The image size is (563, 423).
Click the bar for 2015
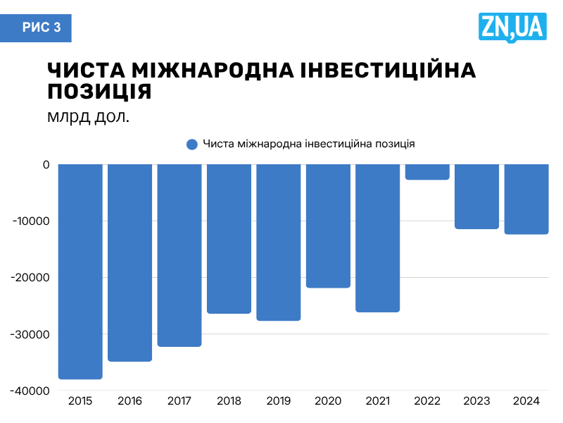[x=80, y=271]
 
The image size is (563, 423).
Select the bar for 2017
[x=179, y=255]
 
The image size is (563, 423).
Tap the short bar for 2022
[x=427, y=172]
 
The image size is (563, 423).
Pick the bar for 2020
[x=328, y=226]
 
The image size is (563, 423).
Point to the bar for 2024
[x=526, y=199]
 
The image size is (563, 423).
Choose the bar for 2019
[x=279, y=243]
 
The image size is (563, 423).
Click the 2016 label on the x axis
[x=129, y=401]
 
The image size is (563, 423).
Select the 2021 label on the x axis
[x=378, y=401]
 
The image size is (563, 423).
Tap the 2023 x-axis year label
[x=477, y=401]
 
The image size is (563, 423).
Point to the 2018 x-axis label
[x=229, y=401]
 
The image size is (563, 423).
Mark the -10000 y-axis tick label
[x=30, y=221]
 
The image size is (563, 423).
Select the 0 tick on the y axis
[x=46, y=165]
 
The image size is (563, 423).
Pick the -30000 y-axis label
[x=30, y=334]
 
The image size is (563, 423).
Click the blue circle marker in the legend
[x=191, y=145]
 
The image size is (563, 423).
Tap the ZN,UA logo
[x=512, y=27]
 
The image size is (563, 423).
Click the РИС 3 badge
[x=42, y=27]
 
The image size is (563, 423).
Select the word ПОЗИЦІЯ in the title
[x=99, y=92]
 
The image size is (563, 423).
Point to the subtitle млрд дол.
[x=89, y=116]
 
